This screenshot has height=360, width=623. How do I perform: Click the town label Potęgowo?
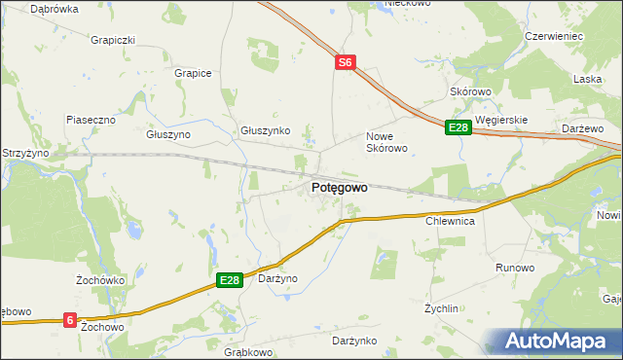340,188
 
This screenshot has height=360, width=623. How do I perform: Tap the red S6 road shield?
346,62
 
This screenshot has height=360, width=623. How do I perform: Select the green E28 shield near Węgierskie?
458,127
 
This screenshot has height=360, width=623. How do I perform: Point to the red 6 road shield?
70,318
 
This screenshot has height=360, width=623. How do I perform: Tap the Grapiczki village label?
112,41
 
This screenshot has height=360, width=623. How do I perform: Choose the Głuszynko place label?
266,130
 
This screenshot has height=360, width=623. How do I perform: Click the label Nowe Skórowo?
385,142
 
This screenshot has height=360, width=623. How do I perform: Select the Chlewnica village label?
450,222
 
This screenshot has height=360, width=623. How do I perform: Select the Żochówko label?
97,280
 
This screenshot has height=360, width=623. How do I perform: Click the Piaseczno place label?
92,120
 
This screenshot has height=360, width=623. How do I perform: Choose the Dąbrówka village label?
55,8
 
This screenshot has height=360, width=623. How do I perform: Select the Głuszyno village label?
168,135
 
